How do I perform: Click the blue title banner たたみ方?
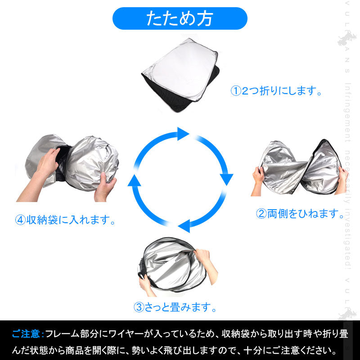pos(180,19)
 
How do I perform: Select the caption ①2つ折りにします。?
pos(277,91)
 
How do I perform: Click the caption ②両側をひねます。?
pos(300,214)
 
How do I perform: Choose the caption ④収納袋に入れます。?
pos(65,220)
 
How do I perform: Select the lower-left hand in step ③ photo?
pos(145,283)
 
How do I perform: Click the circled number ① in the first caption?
pos(236,91)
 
